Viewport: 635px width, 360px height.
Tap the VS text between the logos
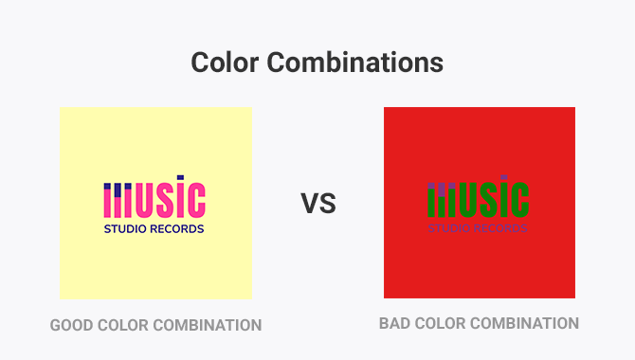318,203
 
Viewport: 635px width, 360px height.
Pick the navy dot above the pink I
183,180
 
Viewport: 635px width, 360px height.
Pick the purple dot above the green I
507,180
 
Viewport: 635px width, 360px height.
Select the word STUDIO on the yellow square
127,228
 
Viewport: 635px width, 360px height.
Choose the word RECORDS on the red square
501,228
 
